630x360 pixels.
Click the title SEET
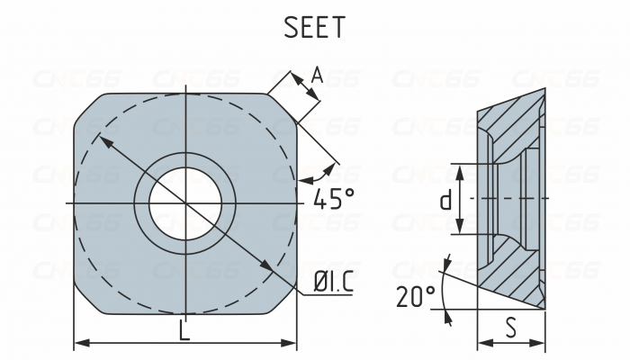pyautogui.click(x=314, y=27)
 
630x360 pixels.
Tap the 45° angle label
pyautogui.click(x=328, y=199)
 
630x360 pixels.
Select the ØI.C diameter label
pyautogui.click(x=332, y=284)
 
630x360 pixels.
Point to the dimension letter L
pyautogui.click(x=184, y=330)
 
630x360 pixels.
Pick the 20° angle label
pyautogui.click(x=415, y=296)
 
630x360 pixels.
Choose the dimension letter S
pyautogui.click(x=510, y=329)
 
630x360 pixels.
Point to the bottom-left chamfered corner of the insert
pyautogui.click(x=87, y=301)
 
